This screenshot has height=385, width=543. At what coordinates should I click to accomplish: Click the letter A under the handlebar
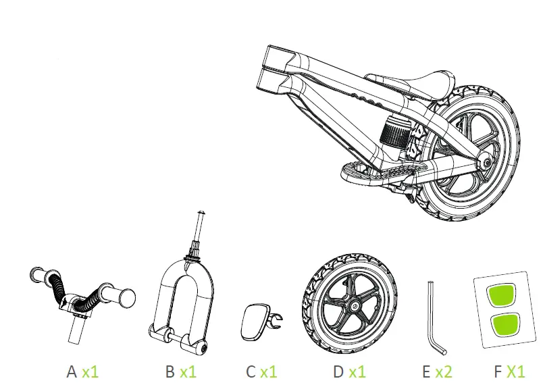[72, 371]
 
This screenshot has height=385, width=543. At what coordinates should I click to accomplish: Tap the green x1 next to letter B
[187, 371]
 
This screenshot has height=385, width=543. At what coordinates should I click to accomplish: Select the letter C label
[251, 371]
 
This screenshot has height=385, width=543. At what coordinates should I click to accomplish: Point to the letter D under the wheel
[339, 371]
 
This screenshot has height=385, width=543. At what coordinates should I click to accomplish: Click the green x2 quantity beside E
[443, 371]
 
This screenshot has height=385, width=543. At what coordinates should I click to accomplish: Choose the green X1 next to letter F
[515, 371]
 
